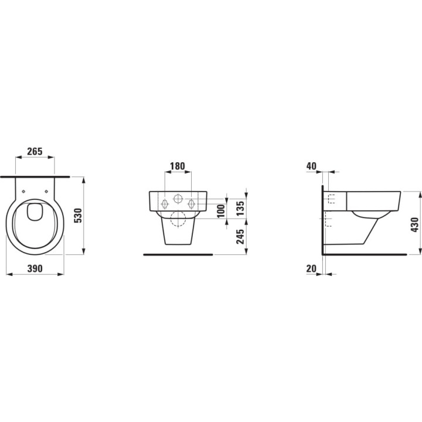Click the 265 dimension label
point(35,152)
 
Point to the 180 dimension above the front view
point(177,166)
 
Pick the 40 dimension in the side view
point(311,166)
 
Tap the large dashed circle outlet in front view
point(177,220)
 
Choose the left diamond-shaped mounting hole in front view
point(164,203)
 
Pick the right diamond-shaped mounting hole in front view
point(190,203)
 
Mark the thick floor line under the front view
point(178,255)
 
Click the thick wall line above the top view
point(35,175)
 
